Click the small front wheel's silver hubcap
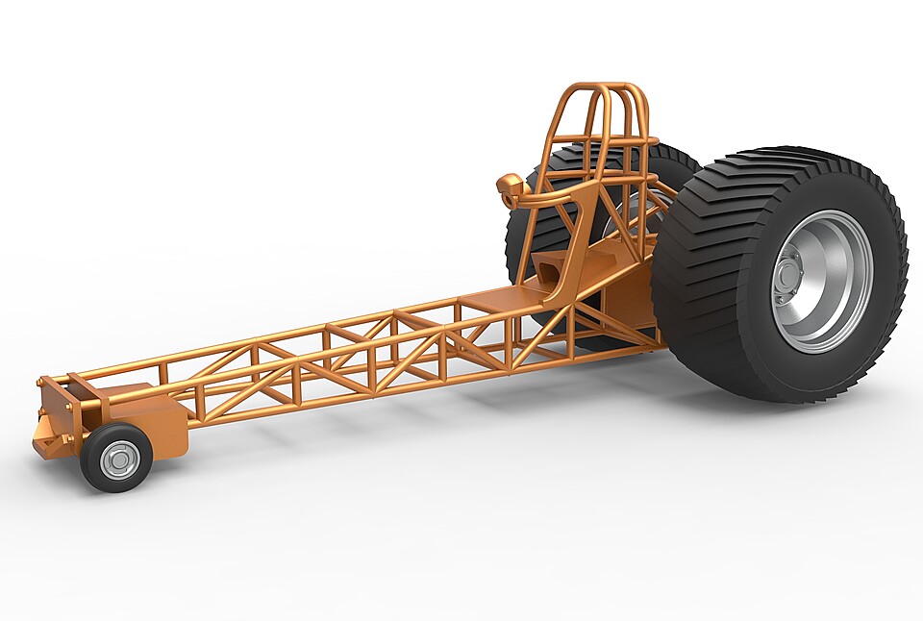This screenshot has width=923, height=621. tap(119, 460)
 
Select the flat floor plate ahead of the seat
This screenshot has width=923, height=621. tap(500, 297)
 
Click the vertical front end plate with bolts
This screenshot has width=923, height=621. tap(57, 409)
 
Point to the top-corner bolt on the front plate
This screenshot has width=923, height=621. tap(44, 384)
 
